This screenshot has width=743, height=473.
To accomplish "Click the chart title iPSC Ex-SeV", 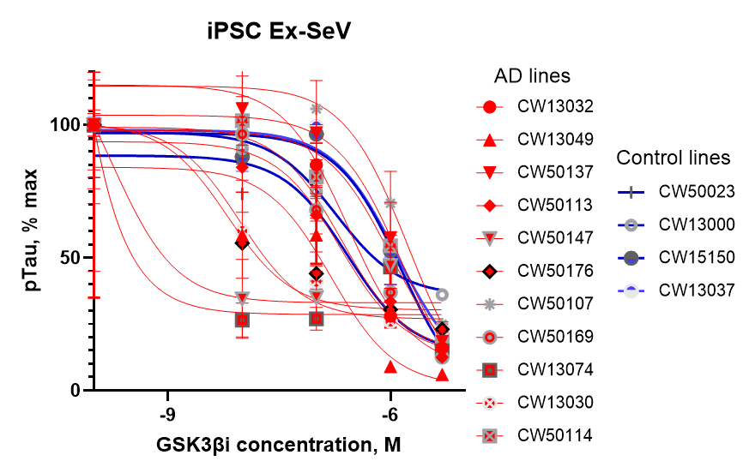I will tap(280, 32).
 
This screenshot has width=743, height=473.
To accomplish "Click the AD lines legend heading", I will tap(531, 76).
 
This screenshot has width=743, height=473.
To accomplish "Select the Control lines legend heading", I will tap(674, 158).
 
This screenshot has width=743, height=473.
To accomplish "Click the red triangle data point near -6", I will tap(391, 367).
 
